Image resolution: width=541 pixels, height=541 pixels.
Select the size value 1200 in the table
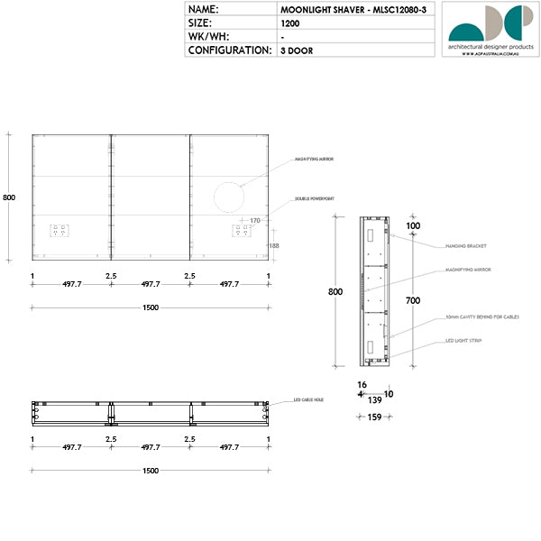point(289,23)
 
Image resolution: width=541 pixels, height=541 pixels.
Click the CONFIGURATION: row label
point(229,50)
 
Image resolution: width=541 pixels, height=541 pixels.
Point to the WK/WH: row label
point(208,36)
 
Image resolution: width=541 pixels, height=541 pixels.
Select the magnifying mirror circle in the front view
point(229,197)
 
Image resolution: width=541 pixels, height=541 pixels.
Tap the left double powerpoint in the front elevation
point(60,230)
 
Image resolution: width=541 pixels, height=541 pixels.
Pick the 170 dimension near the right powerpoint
point(255,220)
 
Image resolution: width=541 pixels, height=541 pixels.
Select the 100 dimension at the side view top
point(413,225)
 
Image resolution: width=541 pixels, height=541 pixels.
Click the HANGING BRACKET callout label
point(465,245)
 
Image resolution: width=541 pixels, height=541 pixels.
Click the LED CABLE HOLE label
point(309,399)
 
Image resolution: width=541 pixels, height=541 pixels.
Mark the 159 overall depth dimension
point(375,417)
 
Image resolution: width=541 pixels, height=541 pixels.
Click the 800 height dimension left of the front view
point(9,197)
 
